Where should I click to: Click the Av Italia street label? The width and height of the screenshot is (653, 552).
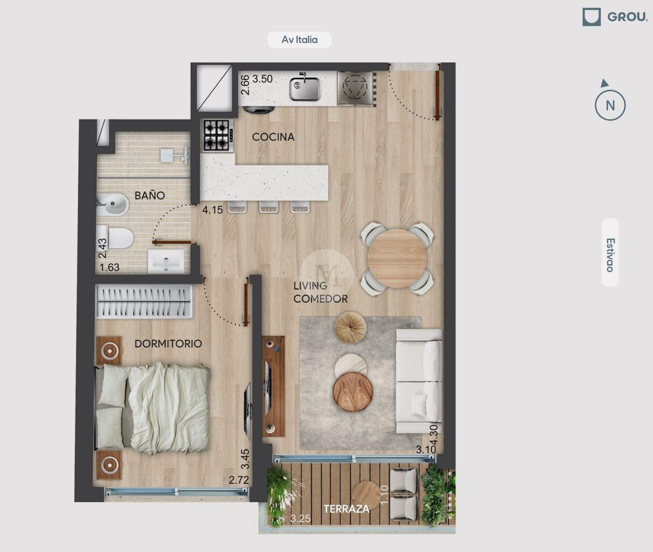(x=300, y=40)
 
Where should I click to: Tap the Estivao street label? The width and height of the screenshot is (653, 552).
(x=610, y=255)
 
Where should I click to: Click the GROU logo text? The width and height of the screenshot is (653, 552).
(x=627, y=17)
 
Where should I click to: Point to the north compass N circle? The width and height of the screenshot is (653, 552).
(x=610, y=105)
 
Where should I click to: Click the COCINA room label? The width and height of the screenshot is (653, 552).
(x=273, y=137)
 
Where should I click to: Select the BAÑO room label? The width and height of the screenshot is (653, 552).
(x=149, y=195)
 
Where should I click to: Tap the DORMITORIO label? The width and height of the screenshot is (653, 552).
(x=168, y=343)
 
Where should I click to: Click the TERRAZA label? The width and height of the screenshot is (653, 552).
(x=346, y=509)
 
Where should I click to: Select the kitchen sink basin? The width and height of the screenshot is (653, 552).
(x=304, y=88)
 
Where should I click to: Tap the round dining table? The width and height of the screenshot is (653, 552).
(x=397, y=258)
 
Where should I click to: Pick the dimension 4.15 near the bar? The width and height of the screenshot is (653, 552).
(x=212, y=210)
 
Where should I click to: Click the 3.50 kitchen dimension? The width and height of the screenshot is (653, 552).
(x=262, y=79)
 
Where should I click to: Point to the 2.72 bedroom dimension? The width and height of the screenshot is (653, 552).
(x=238, y=480)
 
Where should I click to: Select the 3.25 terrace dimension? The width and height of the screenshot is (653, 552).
(x=300, y=519)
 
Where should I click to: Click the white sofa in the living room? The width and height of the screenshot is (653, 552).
(x=419, y=381)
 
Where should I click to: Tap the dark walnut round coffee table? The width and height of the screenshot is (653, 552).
(x=352, y=392)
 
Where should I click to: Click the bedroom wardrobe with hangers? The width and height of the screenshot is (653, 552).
(x=144, y=302)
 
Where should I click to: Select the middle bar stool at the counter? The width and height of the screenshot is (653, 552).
(x=268, y=207)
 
